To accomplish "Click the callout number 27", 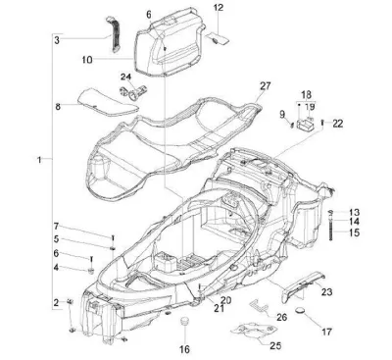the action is pos(266,86).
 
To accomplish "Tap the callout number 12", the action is pos(219,7).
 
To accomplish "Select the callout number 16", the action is pos(184,349).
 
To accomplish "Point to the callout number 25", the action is pos(275,345).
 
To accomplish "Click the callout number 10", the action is pos(87,60).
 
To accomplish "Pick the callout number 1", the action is pos(39,160).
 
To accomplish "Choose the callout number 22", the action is pos(338,124).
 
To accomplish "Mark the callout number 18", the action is pos(306,95).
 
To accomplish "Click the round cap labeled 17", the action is pos(300,310).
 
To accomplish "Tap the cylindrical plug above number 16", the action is pos(185,321).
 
